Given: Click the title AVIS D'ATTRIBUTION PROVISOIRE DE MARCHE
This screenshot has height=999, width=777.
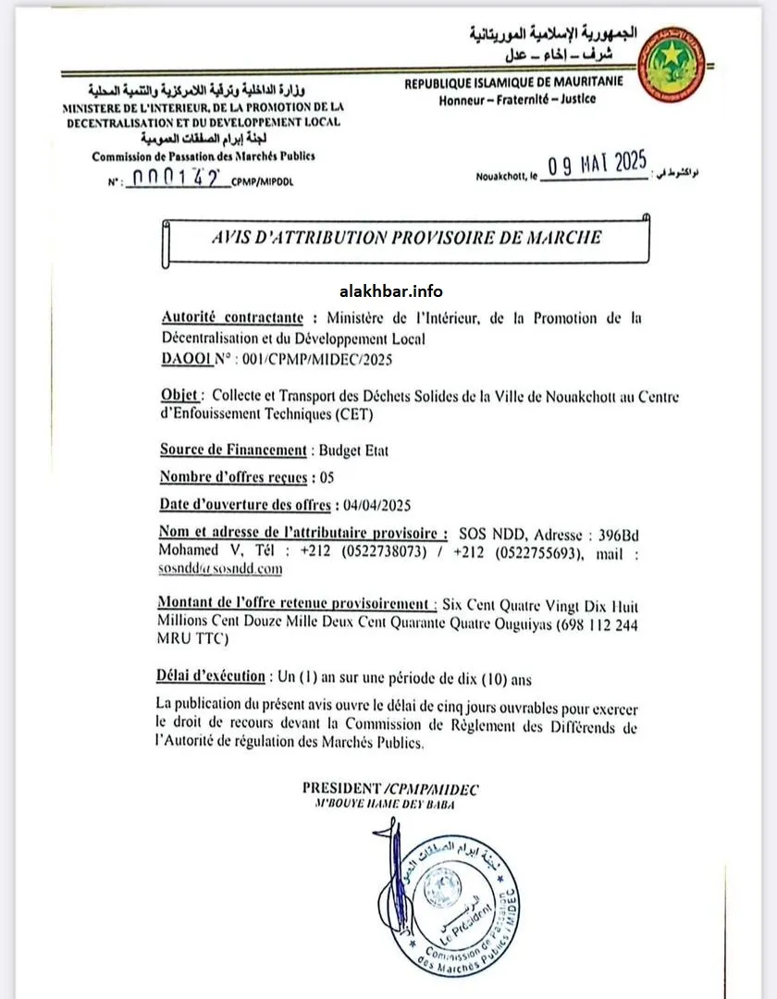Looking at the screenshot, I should pos(407,238).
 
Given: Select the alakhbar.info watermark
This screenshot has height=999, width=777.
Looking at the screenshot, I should pos(391,291).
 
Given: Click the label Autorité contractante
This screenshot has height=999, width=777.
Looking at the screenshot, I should pos(232,317).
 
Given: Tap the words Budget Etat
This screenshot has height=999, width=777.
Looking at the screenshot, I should pos(353,450).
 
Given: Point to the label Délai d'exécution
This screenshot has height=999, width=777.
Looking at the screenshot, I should pos(212,676).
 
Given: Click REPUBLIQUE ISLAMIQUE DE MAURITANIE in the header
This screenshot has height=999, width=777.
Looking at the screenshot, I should pos(513,82).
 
